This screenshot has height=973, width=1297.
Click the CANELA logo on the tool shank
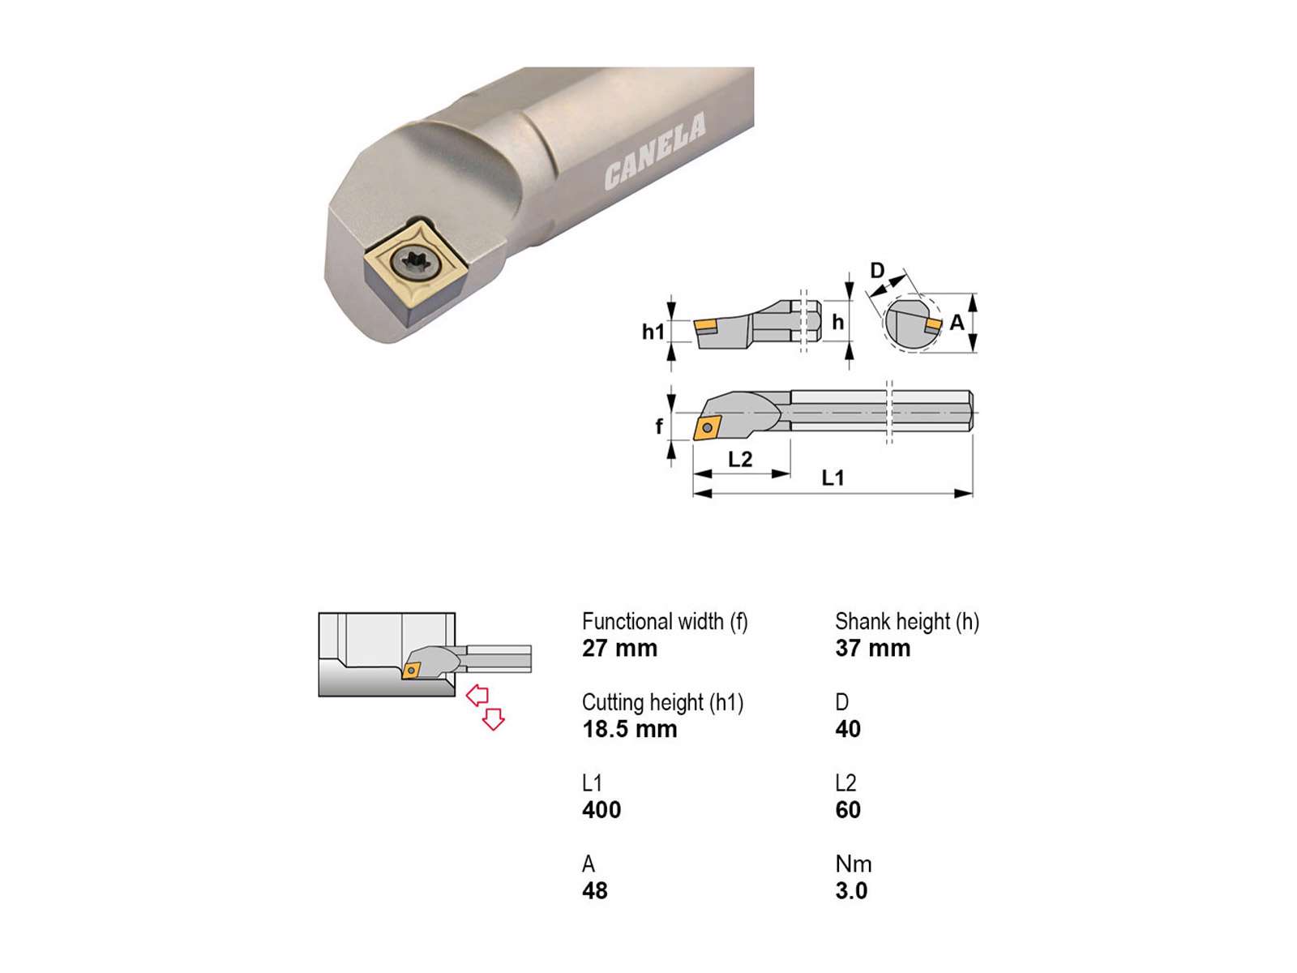pyautogui.click(x=655, y=152)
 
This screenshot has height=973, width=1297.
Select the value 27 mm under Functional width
pyautogui.click(x=619, y=648)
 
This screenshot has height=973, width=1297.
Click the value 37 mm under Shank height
pyautogui.click(x=872, y=648)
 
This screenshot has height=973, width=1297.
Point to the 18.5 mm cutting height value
pyautogui.click(x=629, y=729)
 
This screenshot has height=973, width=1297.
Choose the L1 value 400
pyautogui.click(x=601, y=810)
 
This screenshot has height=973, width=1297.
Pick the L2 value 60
pyautogui.click(x=847, y=810)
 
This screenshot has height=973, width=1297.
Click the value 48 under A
pyautogui.click(x=594, y=891)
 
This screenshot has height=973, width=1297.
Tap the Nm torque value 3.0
pyautogui.click(x=851, y=891)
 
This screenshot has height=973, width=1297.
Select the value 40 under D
pyautogui.click(x=847, y=729)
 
